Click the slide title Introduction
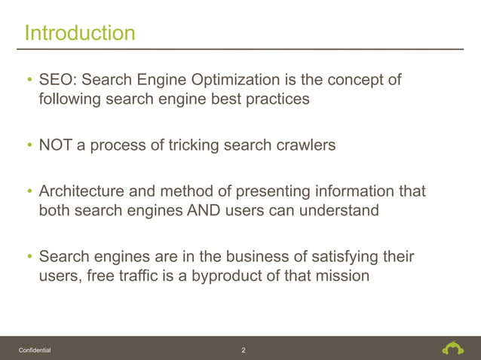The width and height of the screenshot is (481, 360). coord(80,33)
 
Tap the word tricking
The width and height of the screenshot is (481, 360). coord(190,145)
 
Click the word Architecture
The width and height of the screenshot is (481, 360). coord(87,191)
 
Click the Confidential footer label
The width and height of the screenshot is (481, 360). coord(35,350)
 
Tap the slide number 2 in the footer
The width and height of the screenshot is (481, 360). coord(244,350)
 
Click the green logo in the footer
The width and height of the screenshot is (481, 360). coord(453,348)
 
